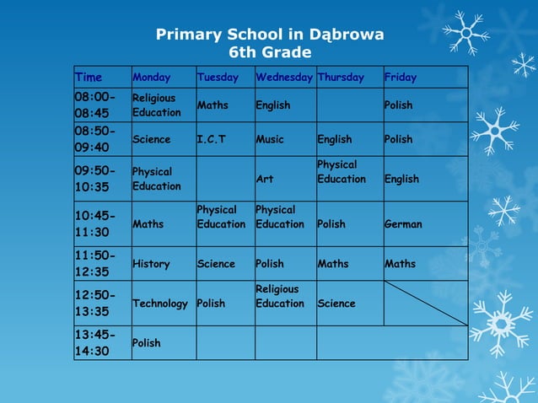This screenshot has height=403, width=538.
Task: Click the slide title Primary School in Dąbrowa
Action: pos(270,35)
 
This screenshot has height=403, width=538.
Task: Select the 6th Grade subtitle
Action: pos(270,52)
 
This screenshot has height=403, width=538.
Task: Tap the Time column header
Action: pos(89,78)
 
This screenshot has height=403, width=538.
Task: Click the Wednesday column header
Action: pos(285,78)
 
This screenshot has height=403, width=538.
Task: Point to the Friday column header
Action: pos(401,78)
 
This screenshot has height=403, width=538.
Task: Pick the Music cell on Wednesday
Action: pos(270,139)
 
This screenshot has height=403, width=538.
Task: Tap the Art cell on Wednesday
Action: pos(264,179)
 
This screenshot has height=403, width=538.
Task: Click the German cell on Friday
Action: pos(403,224)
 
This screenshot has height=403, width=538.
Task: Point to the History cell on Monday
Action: pos(151,264)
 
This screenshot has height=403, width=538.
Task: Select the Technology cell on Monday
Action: pos(160,304)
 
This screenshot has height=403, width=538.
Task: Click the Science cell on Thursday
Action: pos(336,304)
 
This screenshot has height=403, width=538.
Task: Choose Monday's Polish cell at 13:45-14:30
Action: pos(147,343)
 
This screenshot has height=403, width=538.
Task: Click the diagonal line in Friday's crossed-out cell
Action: pos(426,304)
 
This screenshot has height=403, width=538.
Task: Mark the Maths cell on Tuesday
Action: pos(213,105)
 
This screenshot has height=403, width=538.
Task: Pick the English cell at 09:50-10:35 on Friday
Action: pos(402,179)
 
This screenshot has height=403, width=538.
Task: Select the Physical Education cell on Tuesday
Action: pos(221,217)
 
